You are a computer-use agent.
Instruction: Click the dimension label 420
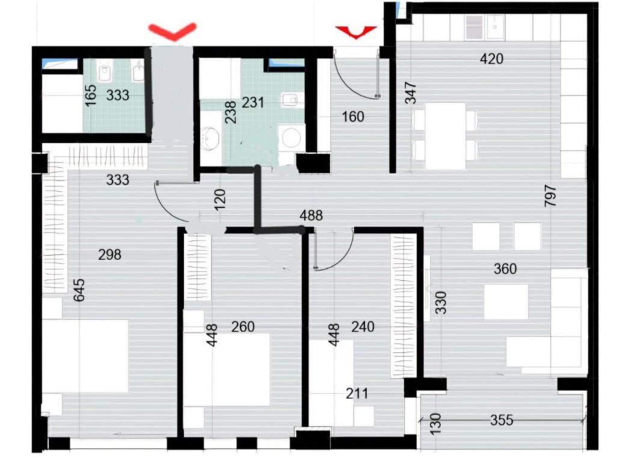pyautogui.click(x=491, y=59)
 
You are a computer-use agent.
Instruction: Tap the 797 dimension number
pyautogui.click(x=551, y=196)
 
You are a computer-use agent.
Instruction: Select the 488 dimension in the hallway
pyautogui.click(x=311, y=216)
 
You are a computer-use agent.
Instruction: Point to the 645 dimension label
pyautogui.click(x=79, y=290)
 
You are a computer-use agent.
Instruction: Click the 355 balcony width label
pyautogui.click(x=502, y=420)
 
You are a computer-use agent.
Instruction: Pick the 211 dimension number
pyautogui.click(x=357, y=393)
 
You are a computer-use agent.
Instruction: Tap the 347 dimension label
pyautogui.click(x=410, y=93)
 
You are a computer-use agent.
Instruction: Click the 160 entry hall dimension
pyautogui.click(x=353, y=117)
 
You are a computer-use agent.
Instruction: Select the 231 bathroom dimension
pyautogui.click(x=253, y=102)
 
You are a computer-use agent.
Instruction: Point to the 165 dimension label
pyautogui.click(x=91, y=95)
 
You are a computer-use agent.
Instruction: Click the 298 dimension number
pyautogui.click(x=109, y=255)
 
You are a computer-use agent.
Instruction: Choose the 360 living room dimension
pyautogui.click(x=505, y=269)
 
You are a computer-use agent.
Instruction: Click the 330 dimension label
pyautogui.click(x=441, y=302)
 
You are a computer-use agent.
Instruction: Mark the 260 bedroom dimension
pyautogui.click(x=243, y=326)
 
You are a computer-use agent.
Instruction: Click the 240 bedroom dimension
pyautogui.click(x=363, y=326)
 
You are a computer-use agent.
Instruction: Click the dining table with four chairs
pyautogui.click(x=446, y=136)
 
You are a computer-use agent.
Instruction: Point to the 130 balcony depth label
pyautogui.click(x=435, y=424)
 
